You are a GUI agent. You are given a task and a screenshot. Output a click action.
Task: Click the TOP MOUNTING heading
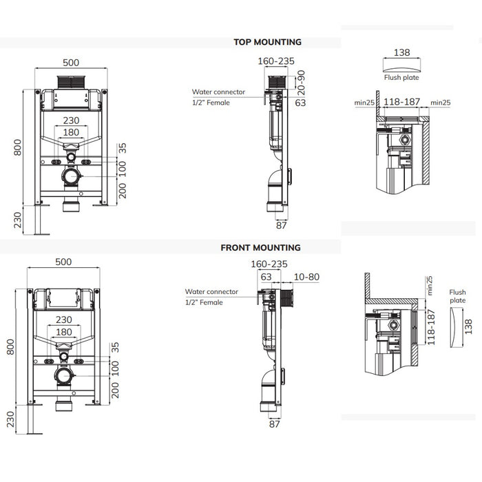(268, 42)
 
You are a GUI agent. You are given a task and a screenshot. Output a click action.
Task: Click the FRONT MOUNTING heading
(260, 247)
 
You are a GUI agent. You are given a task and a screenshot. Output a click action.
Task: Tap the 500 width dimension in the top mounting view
(72, 60)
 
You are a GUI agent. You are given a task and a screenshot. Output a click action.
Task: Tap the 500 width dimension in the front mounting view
(63, 262)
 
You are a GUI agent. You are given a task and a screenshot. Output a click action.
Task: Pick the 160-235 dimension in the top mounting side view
(276, 61)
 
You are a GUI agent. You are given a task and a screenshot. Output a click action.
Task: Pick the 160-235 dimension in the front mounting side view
(269, 264)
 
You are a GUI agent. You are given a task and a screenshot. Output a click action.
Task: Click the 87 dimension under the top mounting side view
(282, 224)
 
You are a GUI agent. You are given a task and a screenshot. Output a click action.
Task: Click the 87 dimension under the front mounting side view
(274, 424)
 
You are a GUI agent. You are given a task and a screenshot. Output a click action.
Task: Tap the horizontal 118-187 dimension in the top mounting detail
(402, 102)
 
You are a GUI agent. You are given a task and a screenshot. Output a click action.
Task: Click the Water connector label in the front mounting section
(211, 292)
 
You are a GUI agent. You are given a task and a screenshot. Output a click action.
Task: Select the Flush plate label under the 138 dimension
(401, 78)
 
